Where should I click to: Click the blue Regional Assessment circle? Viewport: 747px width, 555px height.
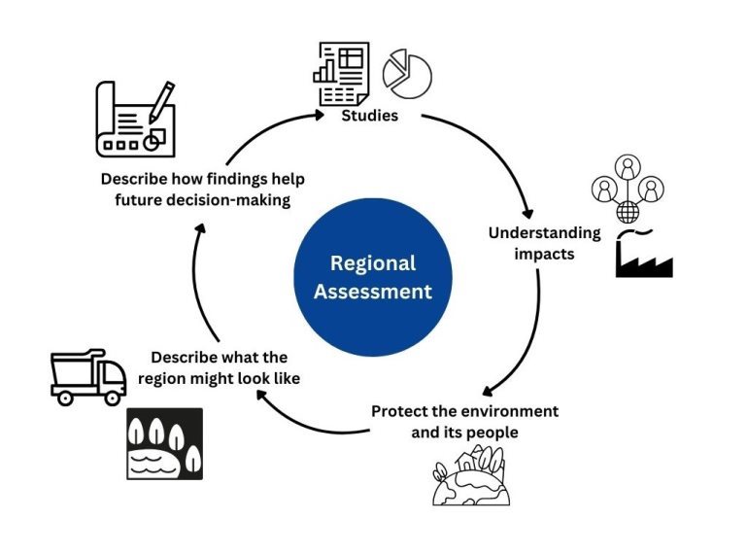pyautogui.click(x=373, y=277)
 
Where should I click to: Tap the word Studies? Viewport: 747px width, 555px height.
pyautogui.click(x=369, y=118)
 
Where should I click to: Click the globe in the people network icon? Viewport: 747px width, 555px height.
pyautogui.click(x=628, y=211)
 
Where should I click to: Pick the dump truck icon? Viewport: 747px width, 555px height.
pyautogui.click(x=87, y=376)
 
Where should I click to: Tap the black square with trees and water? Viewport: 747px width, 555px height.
pyautogui.click(x=165, y=443)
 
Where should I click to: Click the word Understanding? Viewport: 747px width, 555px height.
pyautogui.click(x=544, y=233)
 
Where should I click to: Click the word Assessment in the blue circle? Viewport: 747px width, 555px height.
pyautogui.click(x=373, y=291)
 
